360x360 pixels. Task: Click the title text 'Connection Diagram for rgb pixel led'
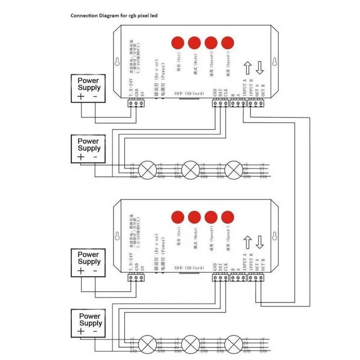114,15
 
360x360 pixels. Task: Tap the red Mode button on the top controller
194,43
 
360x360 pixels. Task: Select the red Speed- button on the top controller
228,43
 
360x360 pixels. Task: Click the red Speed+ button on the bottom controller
211,217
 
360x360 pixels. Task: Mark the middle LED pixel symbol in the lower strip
190,345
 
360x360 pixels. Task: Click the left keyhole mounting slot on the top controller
117,62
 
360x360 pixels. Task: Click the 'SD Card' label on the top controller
189,94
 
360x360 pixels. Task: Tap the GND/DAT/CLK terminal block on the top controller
220,103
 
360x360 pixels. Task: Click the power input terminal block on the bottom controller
136,278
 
